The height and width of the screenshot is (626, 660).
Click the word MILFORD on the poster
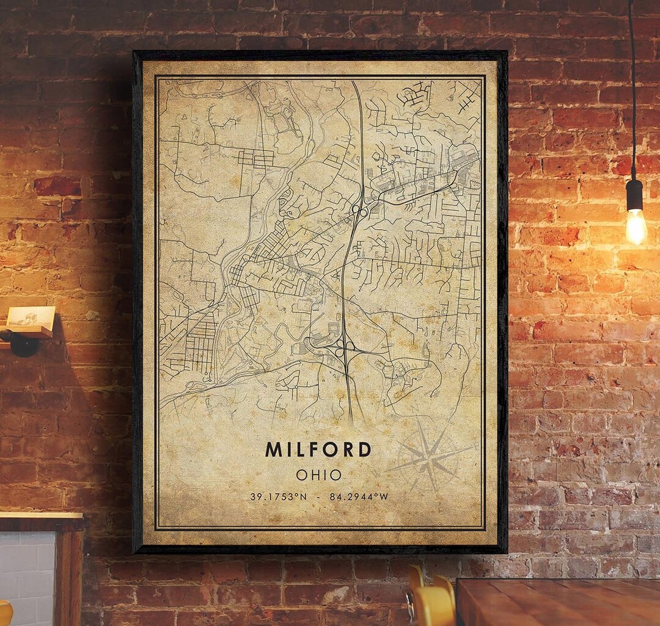coord(318,449)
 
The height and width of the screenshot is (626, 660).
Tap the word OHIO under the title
coord(318,475)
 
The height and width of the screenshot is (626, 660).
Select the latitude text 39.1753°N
coord(278,497)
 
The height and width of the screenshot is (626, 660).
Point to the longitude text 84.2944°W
coord(359,497)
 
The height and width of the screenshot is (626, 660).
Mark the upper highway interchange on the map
coord(359,211)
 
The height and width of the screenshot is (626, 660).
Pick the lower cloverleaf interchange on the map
coord(343,348)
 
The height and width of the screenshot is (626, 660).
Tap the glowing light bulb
coord(636,226)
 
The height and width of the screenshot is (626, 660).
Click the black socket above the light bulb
coord(634,194)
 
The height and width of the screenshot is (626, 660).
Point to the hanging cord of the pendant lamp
coord(632,92)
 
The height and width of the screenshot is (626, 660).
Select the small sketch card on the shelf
coord(31,317)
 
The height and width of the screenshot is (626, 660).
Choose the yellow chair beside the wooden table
coord(431,602)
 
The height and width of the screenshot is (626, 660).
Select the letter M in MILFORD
coord(273,449)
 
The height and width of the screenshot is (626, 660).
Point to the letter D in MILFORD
coord(364,449)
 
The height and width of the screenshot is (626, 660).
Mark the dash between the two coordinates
coord(318,497)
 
